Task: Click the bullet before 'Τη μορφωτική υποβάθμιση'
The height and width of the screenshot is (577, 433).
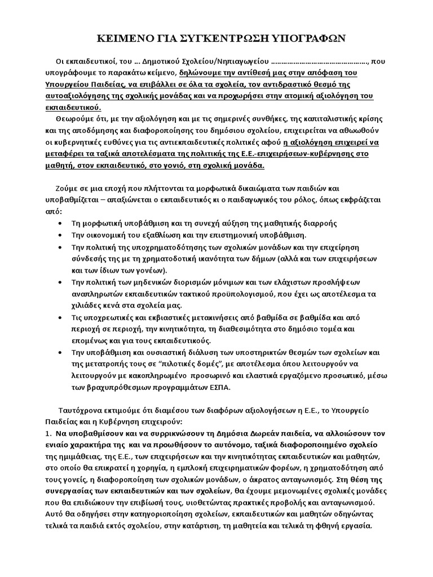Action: [x=60, y=224]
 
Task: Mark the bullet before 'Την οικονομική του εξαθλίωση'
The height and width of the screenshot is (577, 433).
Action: [x=60, y=236]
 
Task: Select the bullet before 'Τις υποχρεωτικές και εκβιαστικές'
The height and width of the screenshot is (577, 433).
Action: [x=60, y=318]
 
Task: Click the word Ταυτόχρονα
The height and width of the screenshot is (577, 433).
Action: [x=81, y=409]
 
